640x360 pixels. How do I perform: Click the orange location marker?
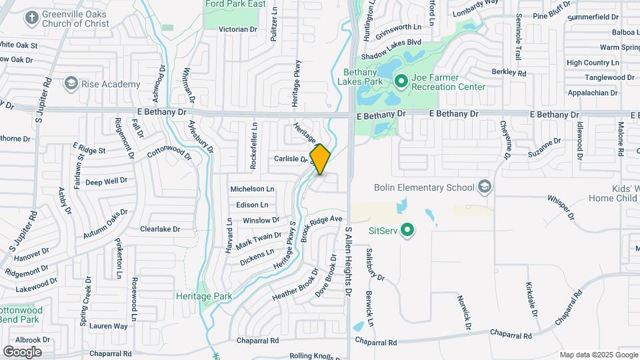320,159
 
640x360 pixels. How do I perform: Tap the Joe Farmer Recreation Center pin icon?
401,82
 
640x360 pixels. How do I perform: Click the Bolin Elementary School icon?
485,187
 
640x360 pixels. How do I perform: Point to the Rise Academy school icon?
70,84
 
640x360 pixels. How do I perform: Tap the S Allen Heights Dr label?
348,261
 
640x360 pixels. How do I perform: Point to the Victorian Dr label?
238,29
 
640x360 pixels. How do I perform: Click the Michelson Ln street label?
252,189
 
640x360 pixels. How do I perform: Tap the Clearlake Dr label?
160,229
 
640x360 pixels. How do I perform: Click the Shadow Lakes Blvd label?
391,40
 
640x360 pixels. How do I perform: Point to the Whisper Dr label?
561,207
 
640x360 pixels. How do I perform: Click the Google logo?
22,351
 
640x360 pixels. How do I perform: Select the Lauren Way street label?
108,326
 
